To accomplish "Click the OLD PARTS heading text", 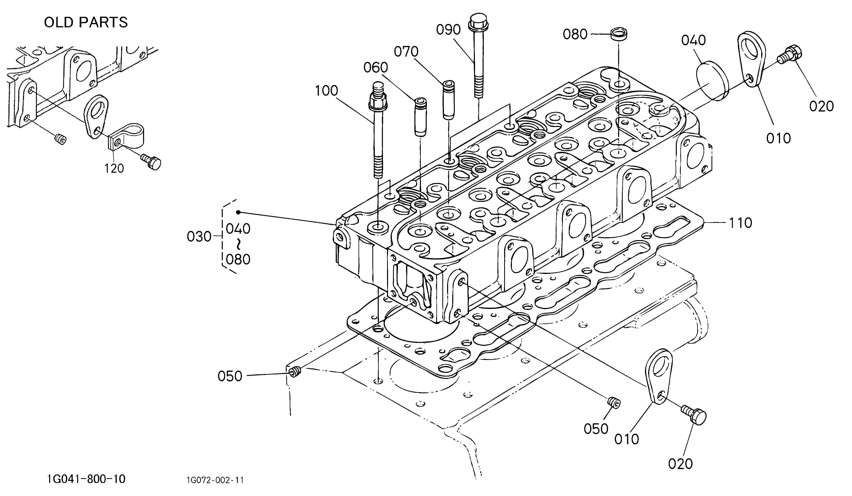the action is [x=86, y=22].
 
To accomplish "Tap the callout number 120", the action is [x=114, y=168].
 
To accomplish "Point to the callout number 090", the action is [x=448, y=30].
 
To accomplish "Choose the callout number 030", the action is [x=199, y=237].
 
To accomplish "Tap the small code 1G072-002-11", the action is [x=215, y=480].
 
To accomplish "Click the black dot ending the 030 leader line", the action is [x=238, y=212].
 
